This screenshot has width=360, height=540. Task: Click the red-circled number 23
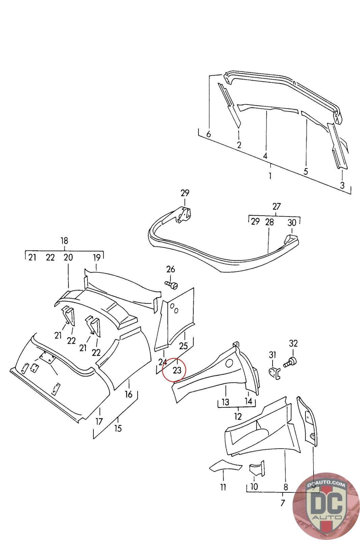177,370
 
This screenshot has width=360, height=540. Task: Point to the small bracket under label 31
274,373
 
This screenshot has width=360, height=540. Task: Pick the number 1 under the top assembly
270,176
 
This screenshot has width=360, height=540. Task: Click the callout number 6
209,134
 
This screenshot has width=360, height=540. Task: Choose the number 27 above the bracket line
276,206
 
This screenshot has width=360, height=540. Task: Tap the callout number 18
64,241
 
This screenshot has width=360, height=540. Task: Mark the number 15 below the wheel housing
118,428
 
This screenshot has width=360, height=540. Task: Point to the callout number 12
238,416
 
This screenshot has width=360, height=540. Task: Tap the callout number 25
184,346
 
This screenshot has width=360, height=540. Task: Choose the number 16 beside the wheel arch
129,394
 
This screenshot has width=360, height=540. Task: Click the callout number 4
265,156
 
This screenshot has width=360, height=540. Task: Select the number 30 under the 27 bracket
292,222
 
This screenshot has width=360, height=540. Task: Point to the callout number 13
225,402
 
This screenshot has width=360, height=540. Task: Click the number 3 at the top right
342,185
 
